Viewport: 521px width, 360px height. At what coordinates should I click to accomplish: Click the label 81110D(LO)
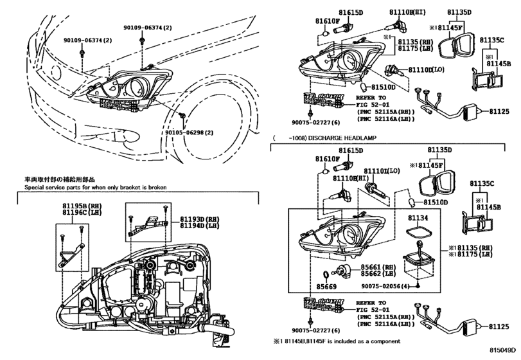tap(421, 69)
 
